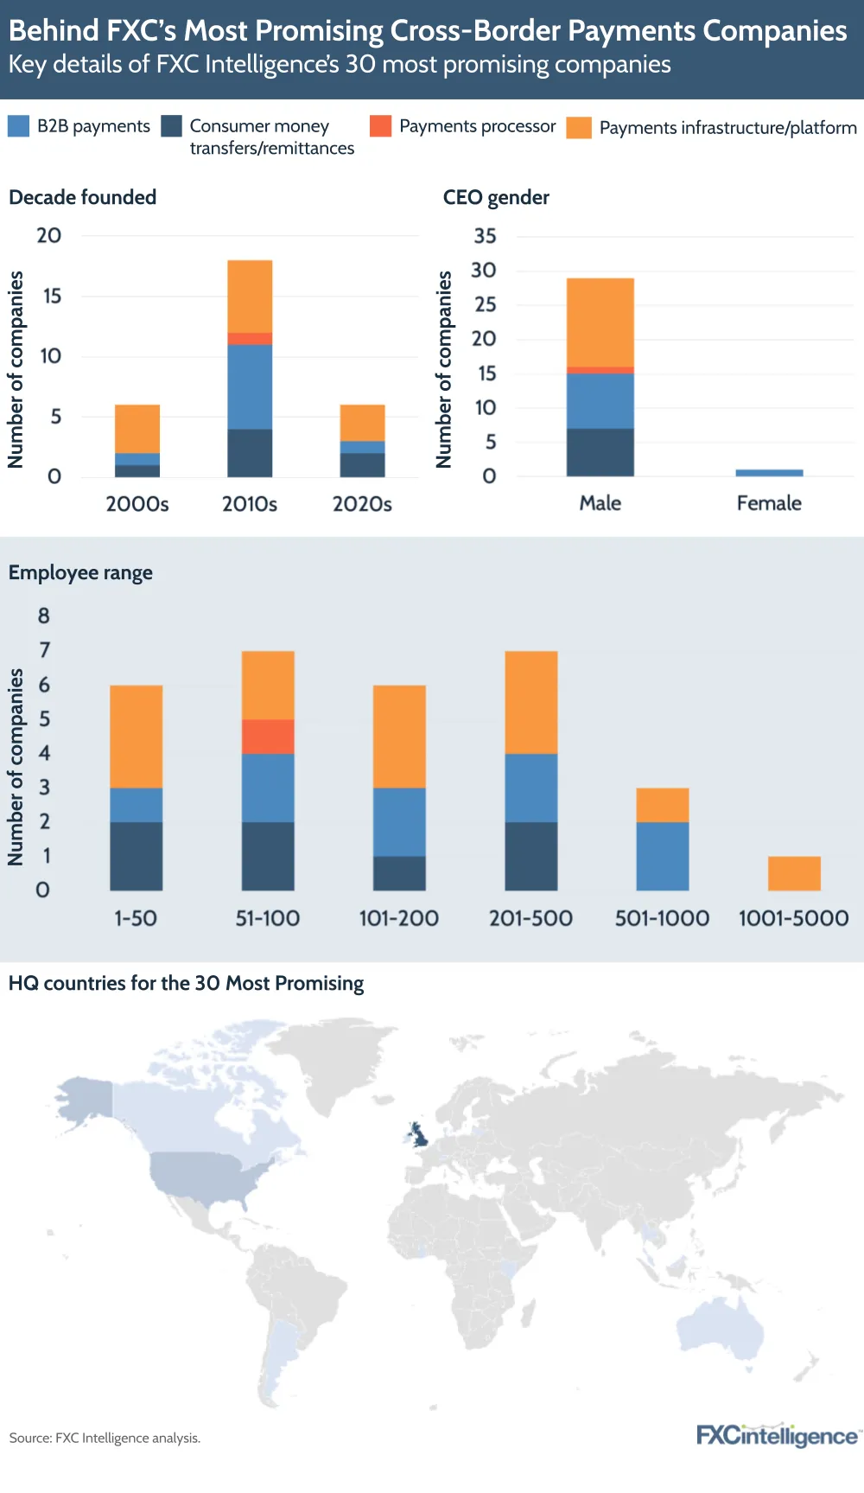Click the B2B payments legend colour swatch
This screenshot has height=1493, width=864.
(x=18, y=126)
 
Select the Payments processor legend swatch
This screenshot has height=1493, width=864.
(x=380, y=126)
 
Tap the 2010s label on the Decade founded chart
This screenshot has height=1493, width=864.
(x=250, y=504)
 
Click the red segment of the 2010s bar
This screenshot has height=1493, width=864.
(x=250, y=339)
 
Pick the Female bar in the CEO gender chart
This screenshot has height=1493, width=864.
(x=769, y=473)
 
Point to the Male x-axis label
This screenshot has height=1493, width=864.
(x=600, y=503)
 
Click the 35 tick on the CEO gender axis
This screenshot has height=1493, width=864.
(x=485, y=236)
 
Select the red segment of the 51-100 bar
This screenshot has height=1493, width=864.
(x=268, y=737)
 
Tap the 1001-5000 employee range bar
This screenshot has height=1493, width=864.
(x=794, y=873)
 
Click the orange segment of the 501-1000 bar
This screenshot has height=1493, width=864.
(x=663, y=805)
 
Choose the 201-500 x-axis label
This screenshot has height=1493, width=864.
(x=530, y=918)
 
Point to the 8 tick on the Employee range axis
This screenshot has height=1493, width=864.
(x=43, y=616)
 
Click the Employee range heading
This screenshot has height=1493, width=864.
(x=80, y=573)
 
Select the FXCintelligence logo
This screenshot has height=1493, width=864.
(x=777, y=1436)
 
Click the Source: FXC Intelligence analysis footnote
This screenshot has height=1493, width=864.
(x=105, y=1438)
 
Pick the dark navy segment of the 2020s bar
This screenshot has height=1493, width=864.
(x=362, y=465)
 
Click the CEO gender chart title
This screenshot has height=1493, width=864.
(x=496, y=198)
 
